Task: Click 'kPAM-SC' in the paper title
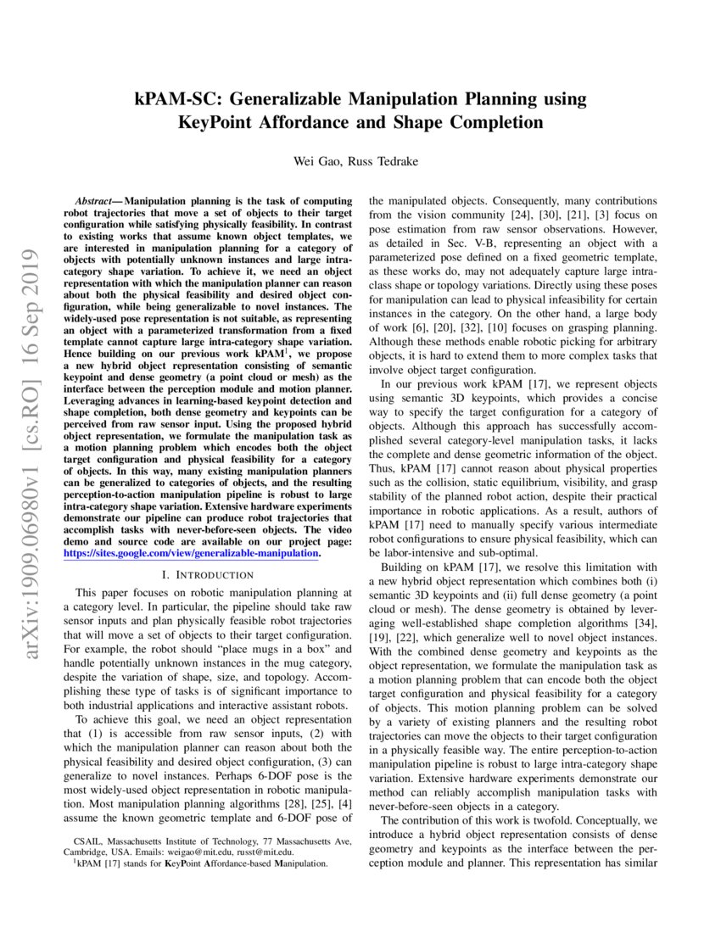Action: click(x=172, y=99)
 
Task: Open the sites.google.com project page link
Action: click(x=191, y=553)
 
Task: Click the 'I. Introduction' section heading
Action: click(x=208, y=574)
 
